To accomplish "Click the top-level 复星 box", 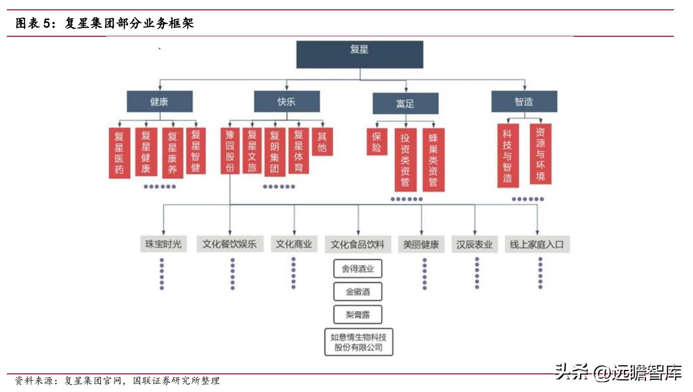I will [x=359, y=54].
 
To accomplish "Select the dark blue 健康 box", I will [x=159, y=102].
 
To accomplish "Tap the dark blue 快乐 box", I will [x=286, y=102].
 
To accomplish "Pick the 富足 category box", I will [x=405, y=104].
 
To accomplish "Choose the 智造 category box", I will [x=524, y=102].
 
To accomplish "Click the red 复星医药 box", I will [x=119, y=153].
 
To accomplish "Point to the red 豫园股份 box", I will [x=230, y=151].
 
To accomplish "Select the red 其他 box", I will [x=322, y=142].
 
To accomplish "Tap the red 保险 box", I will [x=377, y=141].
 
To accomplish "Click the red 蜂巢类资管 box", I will [x=433, y=159].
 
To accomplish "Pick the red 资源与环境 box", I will [x=540, y=154].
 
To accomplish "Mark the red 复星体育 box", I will [x=299, y=151].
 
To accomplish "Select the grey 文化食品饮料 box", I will [x=358, y=244].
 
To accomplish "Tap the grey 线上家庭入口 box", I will [x=537, y=244].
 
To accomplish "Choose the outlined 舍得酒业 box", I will [x=358, y=269].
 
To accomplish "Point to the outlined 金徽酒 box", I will [x=358, y=292].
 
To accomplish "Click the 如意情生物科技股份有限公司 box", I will [x=359, y=342].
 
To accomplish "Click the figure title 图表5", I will [x=104, y=23].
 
